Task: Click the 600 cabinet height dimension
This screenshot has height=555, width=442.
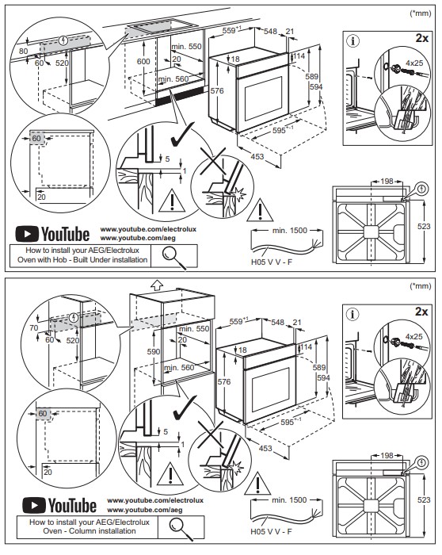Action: coord(143,61)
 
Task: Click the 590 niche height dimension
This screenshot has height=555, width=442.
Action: coord(154,351)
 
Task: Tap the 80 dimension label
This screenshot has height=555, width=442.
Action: coord(23,52)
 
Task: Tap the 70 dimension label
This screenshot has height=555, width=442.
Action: coord(33,327)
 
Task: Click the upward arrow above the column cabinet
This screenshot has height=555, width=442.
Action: coord(156,284)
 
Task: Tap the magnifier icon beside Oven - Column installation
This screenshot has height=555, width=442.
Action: coord(181,529)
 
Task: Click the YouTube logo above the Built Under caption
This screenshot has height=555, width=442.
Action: coord(52,234)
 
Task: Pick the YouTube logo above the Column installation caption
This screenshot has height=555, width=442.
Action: coord(59,505)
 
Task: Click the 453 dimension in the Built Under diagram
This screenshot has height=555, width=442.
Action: coord(257,156)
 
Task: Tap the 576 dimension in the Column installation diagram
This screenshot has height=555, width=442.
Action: coord(224,381)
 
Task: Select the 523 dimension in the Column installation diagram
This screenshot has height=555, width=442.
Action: coord(424,499)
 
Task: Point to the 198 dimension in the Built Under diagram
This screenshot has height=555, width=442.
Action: coord(387,182)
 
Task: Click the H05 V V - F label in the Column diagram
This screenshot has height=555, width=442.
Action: coord(271,532)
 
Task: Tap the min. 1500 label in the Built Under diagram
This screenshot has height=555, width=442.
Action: coord(290,231)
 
